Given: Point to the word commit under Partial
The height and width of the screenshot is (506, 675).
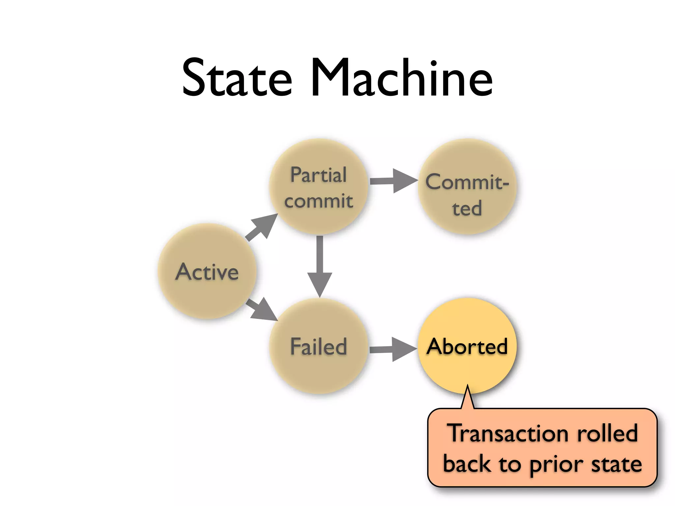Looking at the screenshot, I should pos(318,201).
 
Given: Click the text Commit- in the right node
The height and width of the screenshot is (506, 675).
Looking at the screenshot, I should pos(467,182).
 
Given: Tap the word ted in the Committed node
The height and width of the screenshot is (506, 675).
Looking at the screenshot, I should pos(467,209).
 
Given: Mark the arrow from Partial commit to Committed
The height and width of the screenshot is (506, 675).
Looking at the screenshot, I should pos(393,181).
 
